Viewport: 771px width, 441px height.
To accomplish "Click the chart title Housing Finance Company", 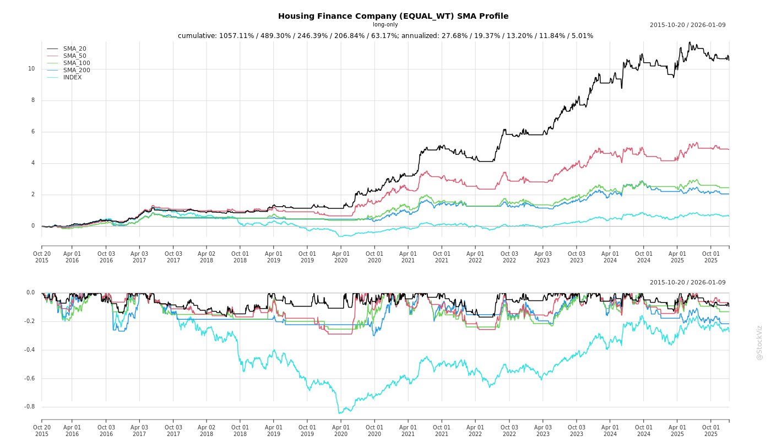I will (393, 17).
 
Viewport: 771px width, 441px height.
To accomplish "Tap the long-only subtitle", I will (385, 25).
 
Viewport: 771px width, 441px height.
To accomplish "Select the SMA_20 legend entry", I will (74, 49).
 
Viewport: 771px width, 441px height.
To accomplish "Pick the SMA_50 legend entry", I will (74, 56).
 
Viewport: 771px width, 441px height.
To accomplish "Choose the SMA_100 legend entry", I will (77, 63).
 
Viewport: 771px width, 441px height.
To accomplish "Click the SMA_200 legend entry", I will (77, 71).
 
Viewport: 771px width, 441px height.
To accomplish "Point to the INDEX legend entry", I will (72, 78).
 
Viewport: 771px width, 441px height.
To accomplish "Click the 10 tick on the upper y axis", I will (31, 69).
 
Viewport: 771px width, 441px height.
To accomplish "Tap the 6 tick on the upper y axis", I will (33, 132).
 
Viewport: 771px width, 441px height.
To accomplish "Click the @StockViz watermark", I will (759, 342).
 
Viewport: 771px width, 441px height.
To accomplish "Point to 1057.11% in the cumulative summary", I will (237, 36).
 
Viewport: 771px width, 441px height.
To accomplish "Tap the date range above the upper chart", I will (687, 25).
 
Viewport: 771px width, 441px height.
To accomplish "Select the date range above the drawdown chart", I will (687, 283).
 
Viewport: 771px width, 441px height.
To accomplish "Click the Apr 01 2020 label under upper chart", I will (341, 257).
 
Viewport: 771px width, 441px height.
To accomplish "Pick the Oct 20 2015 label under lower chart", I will (42, 431).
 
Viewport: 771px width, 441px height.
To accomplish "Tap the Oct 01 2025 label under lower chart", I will (711, 431).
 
